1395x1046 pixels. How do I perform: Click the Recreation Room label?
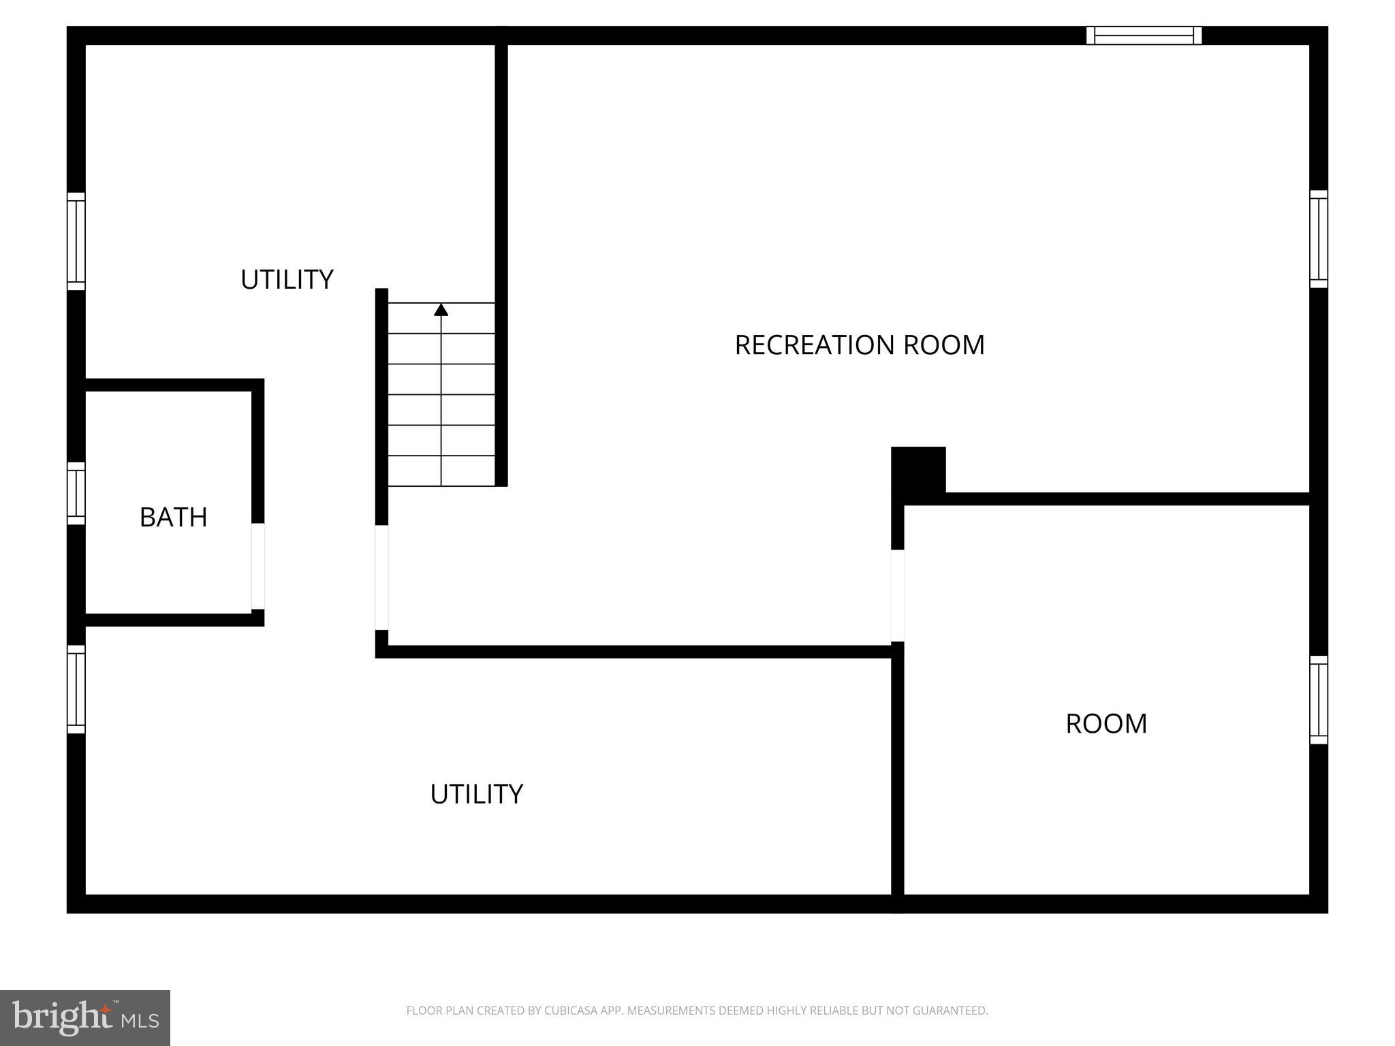point(860,345)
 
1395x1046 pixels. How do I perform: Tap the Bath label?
point(173,518)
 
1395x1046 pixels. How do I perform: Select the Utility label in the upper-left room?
point(287,280)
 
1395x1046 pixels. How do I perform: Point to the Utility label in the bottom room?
point(476,794)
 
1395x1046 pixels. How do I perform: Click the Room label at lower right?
point(1106,723)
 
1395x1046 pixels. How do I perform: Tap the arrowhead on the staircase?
point(441,310)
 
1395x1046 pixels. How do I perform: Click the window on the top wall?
point(1144,35)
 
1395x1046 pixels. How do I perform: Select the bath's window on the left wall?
point(76,494)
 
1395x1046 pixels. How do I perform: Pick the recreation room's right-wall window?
point(1319,239)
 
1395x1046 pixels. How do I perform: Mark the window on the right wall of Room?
point(1319,700)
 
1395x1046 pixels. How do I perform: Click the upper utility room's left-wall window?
point(76,241)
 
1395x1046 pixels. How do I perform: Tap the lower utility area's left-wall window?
point(76,689)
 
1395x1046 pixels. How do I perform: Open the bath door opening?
point(257,566)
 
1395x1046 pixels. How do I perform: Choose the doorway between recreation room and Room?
point(898,595)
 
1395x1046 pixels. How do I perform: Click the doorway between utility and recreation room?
point(381,577)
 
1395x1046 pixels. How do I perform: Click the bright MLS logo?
point(85,1018)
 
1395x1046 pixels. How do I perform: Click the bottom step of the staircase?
point(441,471)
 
